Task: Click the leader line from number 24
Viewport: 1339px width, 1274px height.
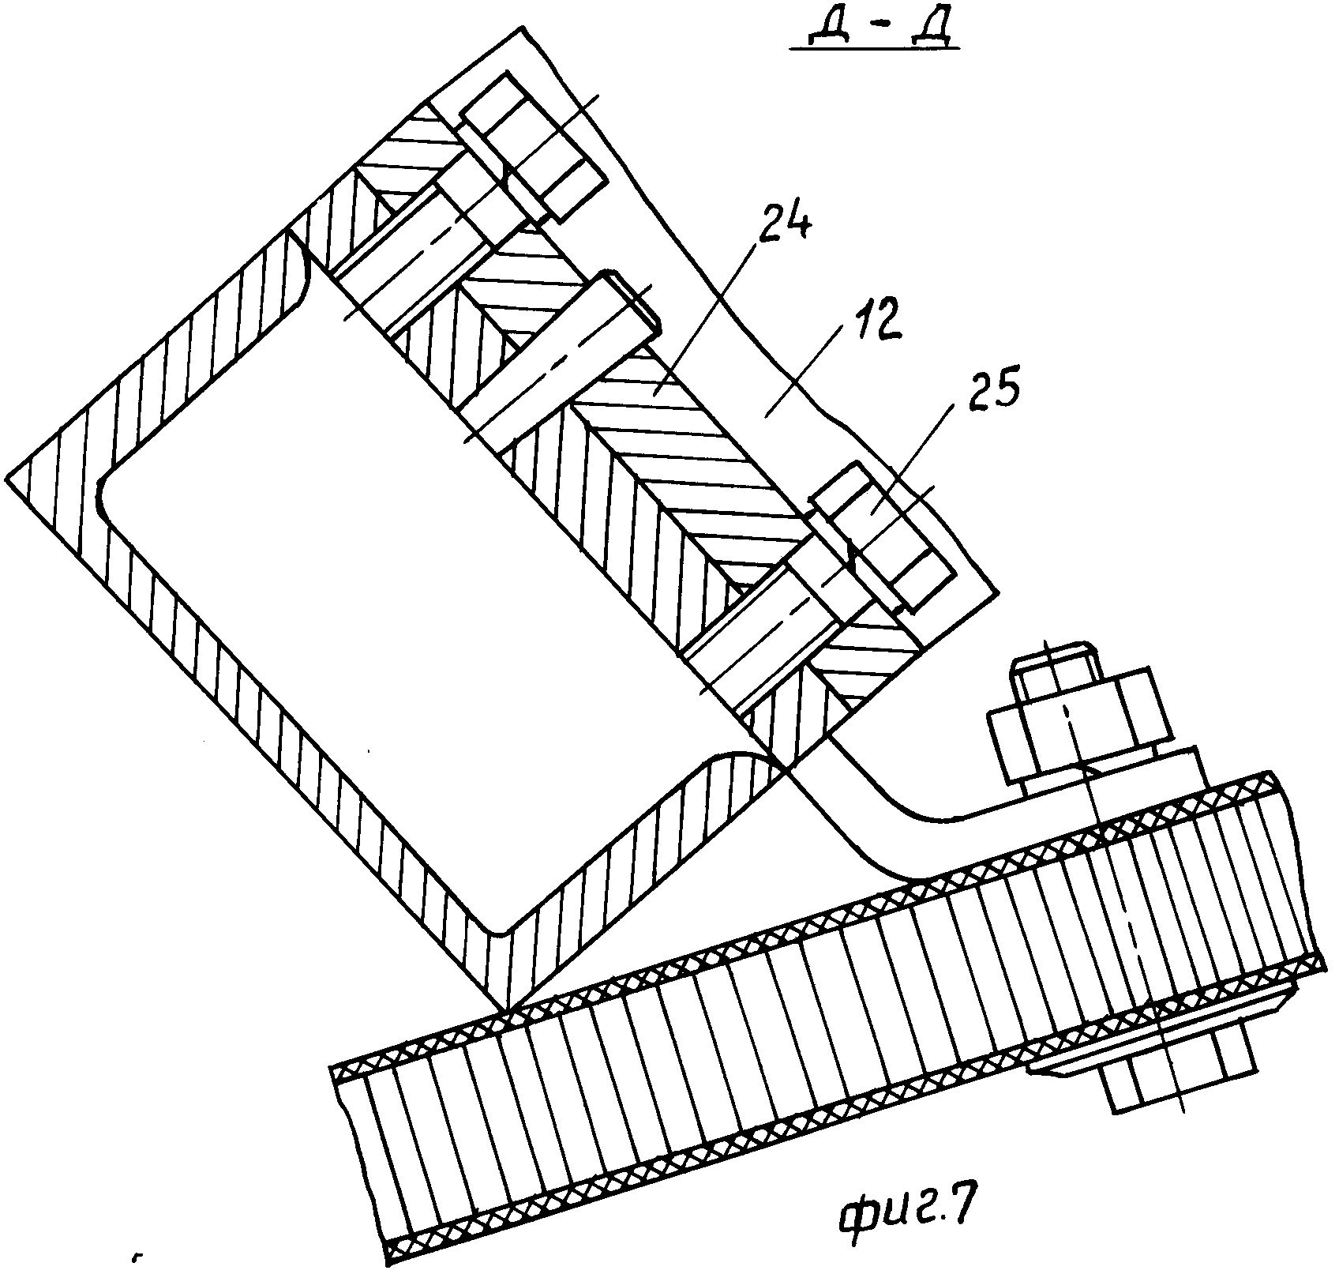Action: [711, 316]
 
